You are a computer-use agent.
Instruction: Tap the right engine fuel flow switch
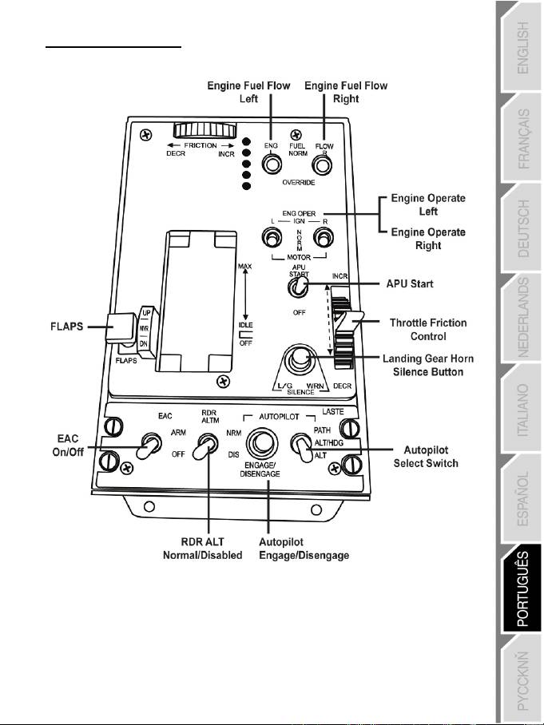click(x=322, y=164)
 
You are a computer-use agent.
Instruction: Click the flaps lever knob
click(x=126, y=327)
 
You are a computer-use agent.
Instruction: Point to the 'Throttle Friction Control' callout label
click(x=427, y=329)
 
